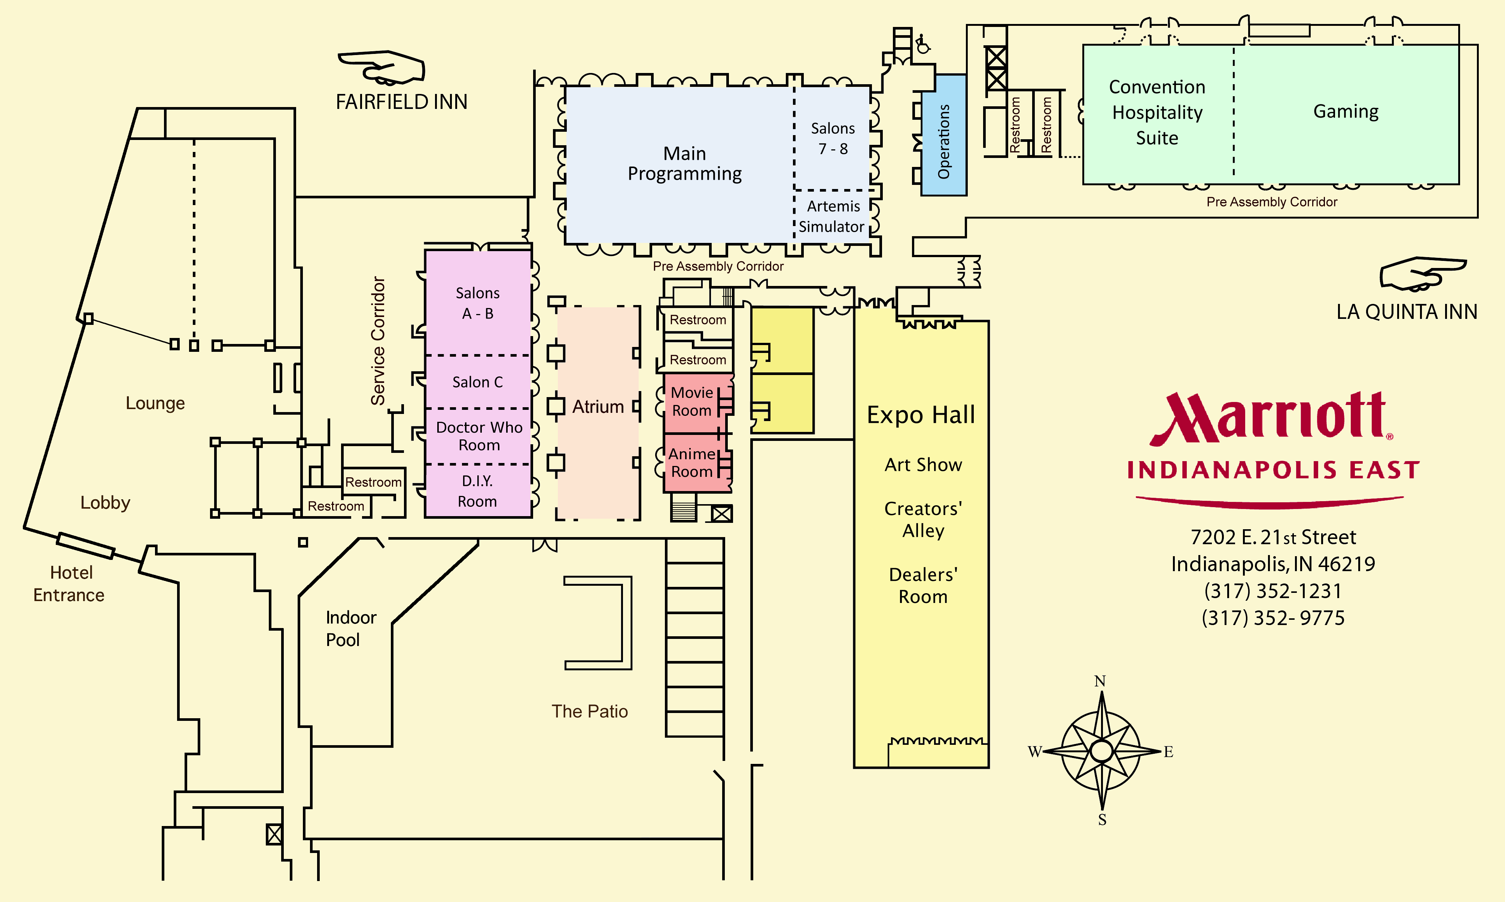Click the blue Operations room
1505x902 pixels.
(x=943, y=135)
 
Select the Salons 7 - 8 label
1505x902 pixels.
(x=833, y=138)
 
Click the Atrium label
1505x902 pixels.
(x=598, y=406)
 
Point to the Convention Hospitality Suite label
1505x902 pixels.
(x=1157, y=112)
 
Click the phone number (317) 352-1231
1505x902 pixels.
(x=1273, y=591)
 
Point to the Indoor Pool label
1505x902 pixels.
(x=351, y=628)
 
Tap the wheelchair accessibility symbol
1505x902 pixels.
(x=923, y=44)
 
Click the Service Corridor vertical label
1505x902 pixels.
(x=378, y=341)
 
